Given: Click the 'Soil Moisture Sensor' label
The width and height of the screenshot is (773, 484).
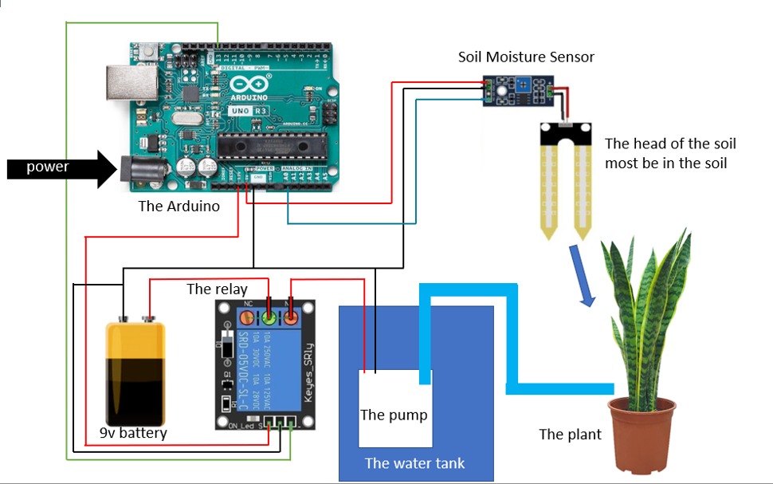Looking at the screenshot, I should coord(526,57).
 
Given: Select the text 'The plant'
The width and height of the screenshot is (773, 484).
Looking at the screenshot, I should coord(570,435).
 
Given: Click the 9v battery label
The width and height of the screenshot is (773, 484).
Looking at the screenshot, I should coord(133,433).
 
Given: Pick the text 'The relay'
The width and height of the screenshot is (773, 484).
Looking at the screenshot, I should coord(217,289).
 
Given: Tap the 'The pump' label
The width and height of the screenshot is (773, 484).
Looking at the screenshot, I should coord(394,415).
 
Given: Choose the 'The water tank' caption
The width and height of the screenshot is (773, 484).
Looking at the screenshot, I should coord(414,463).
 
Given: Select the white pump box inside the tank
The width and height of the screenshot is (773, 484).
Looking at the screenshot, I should coord(395,407).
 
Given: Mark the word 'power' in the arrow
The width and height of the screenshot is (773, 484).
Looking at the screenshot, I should coord(48,167).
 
